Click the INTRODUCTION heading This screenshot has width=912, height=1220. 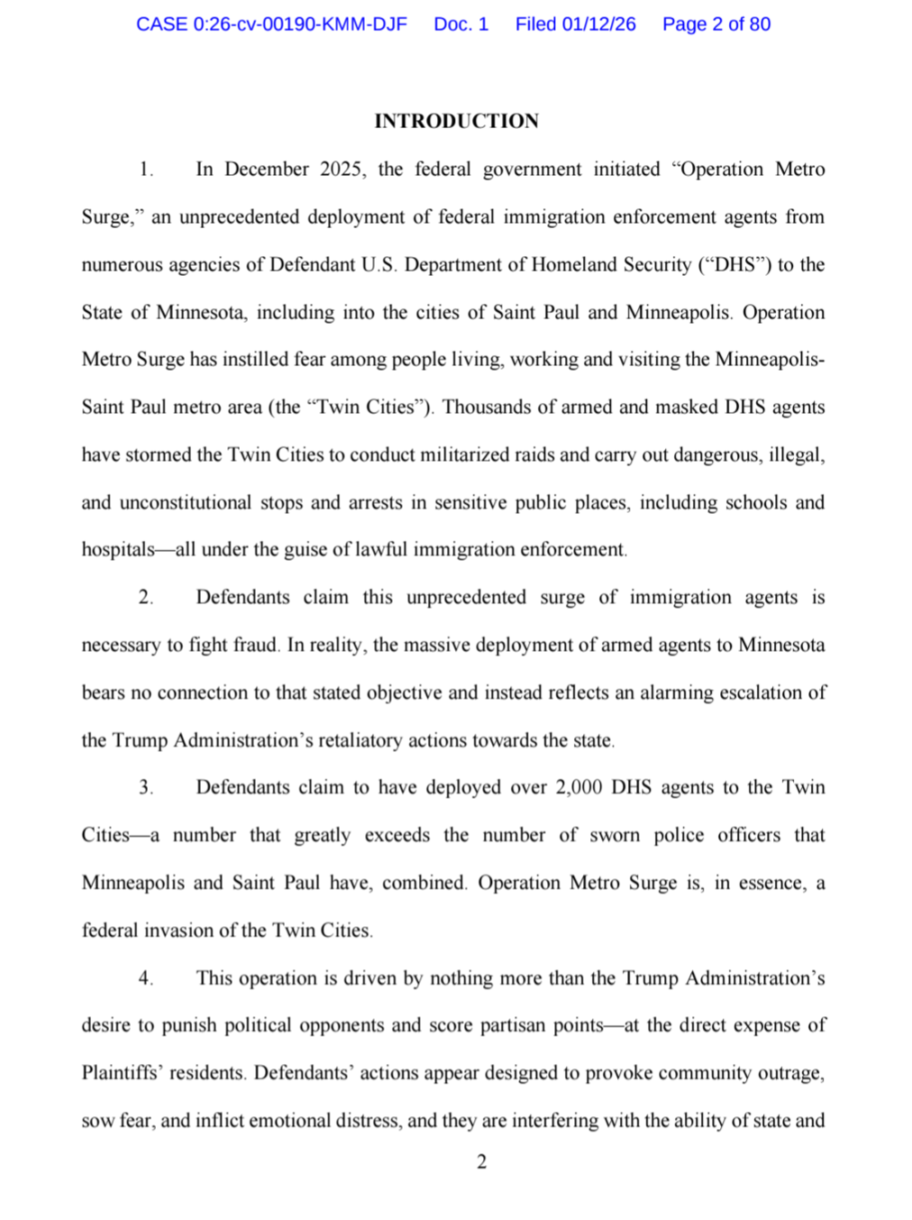456,121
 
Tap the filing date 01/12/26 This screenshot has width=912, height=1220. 598,24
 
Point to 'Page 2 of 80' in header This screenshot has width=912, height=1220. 716,24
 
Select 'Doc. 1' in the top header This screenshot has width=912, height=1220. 461,24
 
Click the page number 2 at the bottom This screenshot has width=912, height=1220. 481,1161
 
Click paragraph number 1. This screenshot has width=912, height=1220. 146,170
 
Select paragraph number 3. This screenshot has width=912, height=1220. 146,787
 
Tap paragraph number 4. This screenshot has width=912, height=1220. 146,978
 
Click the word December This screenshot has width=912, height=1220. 266,170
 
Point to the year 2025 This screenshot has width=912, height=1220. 341,170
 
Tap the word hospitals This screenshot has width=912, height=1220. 118,550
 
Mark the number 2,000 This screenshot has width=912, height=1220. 579,787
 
